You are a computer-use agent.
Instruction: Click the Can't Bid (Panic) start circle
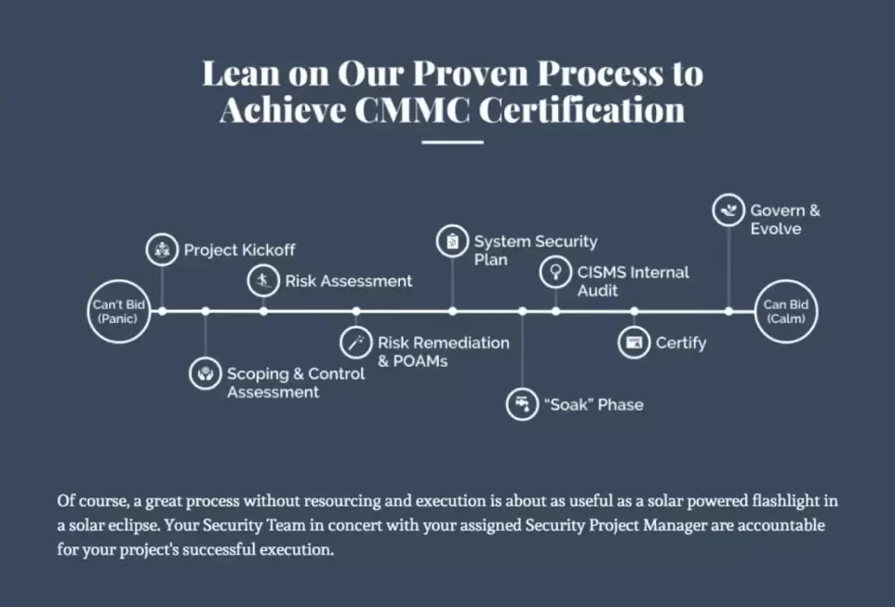coord(119,311)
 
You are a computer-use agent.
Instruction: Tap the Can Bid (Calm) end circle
coord(786,311)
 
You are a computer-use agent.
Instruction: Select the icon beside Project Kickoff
coord(162,250)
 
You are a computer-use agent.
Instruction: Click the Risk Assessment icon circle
coord(263,280)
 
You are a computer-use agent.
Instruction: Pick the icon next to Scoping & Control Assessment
coord(205,373)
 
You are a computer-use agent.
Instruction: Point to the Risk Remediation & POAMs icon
coord(356,343)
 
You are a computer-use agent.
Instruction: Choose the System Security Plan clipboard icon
coord(453,241)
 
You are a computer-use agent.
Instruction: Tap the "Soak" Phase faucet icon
coord(522,404)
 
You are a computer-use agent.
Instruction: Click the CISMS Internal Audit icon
coord(555,272)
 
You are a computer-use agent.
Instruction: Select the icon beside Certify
coord(635,343)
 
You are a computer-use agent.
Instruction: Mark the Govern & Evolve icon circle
coord(728,210)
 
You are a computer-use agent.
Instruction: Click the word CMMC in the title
coord(412,110)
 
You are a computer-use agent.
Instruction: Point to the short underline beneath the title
coord(453,142)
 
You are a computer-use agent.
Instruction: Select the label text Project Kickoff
coord(239,250)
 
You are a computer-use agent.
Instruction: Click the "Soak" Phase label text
coord(594,404)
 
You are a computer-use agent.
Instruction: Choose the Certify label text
coord(681,344)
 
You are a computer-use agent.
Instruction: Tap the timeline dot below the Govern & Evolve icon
coord(728,311)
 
